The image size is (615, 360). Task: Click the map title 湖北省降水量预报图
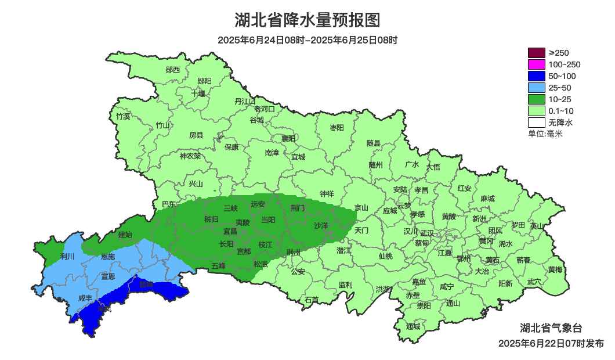pyautogui.click(x=307, y=20)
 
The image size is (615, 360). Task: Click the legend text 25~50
pyautogui.click(x=560, y=88)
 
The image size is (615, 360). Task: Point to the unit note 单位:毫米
pyautogui.click(x=545, y=134)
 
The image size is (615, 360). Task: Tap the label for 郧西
pyautogui.click(x=173, y=70)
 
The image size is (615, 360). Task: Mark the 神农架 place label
pyautogui.click(x=190, y=156)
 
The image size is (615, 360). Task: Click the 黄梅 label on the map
pyautogui.click(x=555, y=269)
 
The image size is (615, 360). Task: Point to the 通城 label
pyautogui.click(x=413, y=326)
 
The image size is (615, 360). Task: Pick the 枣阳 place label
pyautogui.click(x=337, y=127)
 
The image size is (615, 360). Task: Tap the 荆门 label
pyautogui.click(x=298, y=207)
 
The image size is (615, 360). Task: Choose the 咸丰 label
pyautogui.click(x=85, y=298)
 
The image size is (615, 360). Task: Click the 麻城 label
pyautogui.click(x=487, y=199)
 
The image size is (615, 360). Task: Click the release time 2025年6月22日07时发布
pyautogui.click(x=551, y=344)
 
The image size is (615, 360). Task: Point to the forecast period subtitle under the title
pyautogui.click(x=307, y=40)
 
